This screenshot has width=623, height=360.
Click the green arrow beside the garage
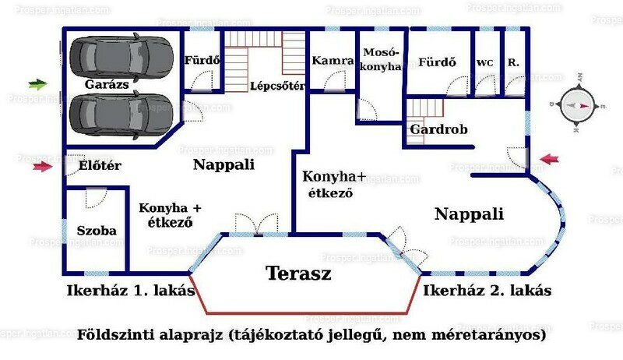click(x=38, y=84)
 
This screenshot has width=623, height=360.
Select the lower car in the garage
click(x=121, y=115)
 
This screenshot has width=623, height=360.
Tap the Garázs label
click(x=107, y=85)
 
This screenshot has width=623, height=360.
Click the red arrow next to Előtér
click(x=43, y=167)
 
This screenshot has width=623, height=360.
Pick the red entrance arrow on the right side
click(x=549, y=159)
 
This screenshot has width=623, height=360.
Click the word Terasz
click(x=298, y=274)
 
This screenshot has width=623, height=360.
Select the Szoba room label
click(x=97, y=231)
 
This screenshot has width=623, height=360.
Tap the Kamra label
click(x=333, y=61)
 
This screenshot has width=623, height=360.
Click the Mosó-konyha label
click(x=380, y=59)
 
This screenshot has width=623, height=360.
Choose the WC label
click(x=484, y=63)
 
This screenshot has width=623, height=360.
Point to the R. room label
click(x=513, y=62)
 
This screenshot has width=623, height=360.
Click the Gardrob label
click(x=438, y=129)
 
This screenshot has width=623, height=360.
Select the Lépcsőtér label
click(x=278, y=86)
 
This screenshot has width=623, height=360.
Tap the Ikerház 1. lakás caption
click(x=131, y=291)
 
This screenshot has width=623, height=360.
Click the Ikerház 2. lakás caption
click(x=487, y=291)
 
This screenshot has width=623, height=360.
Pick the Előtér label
click(x=100, y=165)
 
